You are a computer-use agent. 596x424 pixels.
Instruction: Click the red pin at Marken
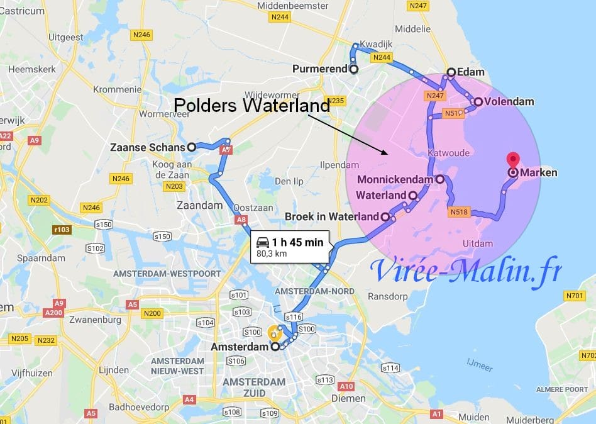click(x=512, y=160)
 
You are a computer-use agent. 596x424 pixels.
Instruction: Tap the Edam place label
click(x=470, y=72)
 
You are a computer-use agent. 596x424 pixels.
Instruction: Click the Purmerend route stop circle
click(x=353, y=69)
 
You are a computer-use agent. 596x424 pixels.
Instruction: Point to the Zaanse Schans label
click(x=147, y=147)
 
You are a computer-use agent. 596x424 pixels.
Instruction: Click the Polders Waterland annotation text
click(x=251, y=105)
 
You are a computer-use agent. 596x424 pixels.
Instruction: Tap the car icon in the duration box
click(x=263, y=242)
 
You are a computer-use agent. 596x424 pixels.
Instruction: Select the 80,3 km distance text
click(x=271, y=254)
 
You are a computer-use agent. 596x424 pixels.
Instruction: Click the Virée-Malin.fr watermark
click(x=465, y=271)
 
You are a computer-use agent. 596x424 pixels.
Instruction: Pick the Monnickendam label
click(x=395, y=179)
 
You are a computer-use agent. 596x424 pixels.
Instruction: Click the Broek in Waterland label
click(x=331, y=216)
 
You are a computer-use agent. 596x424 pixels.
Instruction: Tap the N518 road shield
click(x=460, y=213)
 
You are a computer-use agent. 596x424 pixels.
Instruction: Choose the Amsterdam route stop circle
click(x=275, y=347)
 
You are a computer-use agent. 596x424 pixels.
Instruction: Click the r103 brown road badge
click(x=62, y=230)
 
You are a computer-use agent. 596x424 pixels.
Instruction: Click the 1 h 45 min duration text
click(x=297, y=242)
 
